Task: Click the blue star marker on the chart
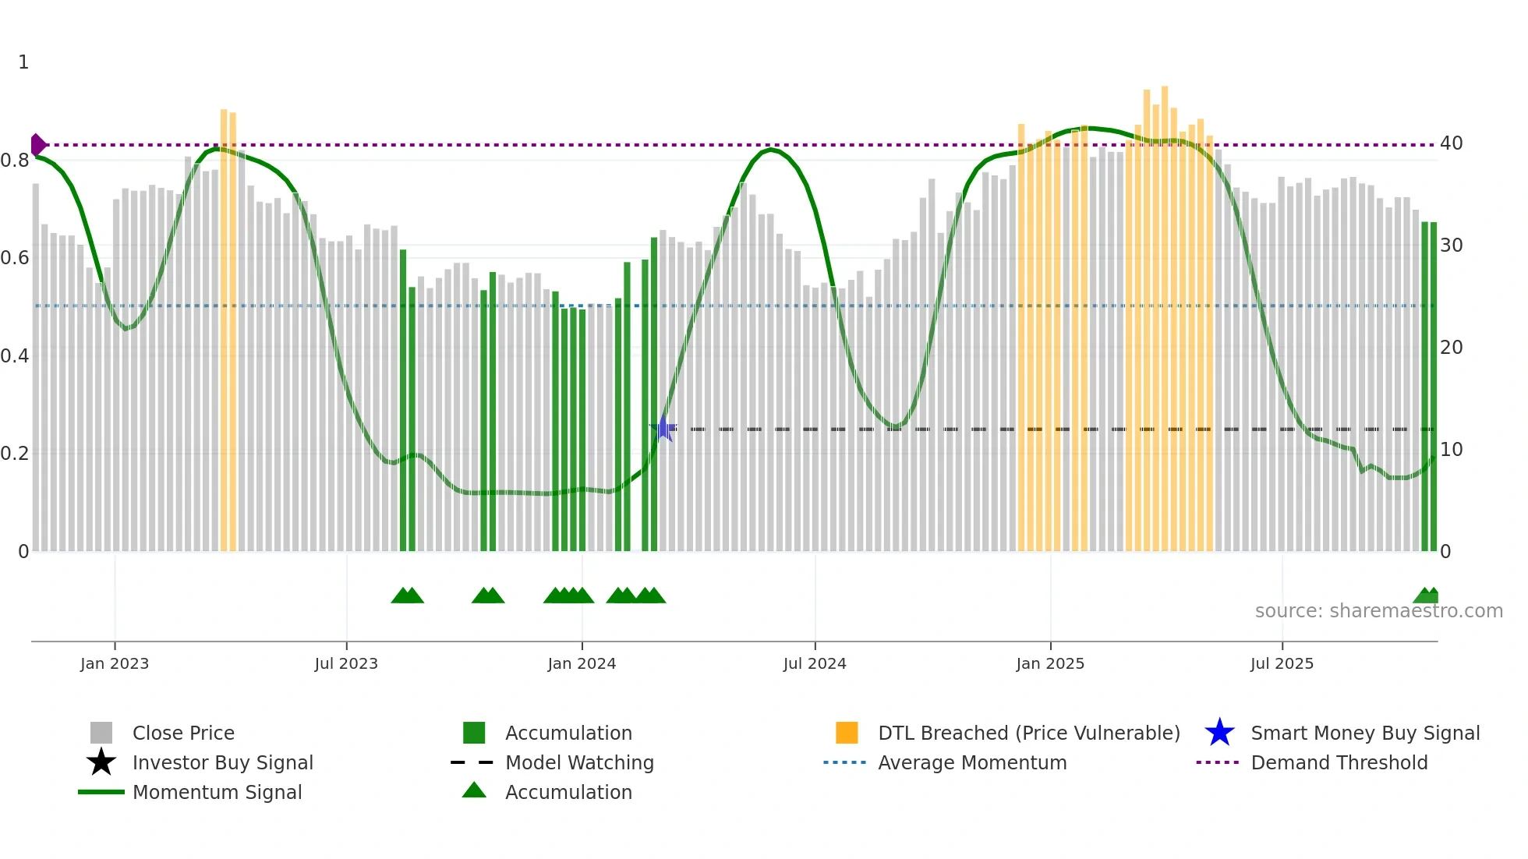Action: (663, 429)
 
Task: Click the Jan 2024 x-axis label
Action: (582, 663)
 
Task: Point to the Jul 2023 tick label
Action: (346, 663)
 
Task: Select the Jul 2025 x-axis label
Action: (1282, 663)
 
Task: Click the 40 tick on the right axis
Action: (1451, 143)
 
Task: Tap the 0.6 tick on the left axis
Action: (15, 258)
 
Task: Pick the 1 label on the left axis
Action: (23, 62)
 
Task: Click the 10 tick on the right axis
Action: (1451, 450)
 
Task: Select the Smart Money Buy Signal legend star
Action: (1219, 733)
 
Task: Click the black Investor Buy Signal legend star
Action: (101, 762)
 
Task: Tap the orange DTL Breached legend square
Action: (847, 733)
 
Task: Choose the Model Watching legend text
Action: (579, 762)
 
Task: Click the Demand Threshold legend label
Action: (1339, 762)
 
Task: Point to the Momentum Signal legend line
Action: (101, 792)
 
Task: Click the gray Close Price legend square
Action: (101, 733)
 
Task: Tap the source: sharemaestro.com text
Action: (1378, 611)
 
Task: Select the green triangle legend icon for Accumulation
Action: (474, 790)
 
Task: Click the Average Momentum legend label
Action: (972, 762)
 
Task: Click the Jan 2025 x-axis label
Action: (1050, 663)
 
